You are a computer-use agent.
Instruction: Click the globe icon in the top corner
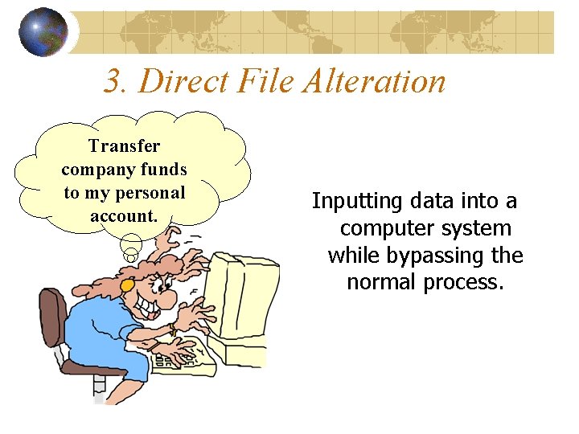[x=43, y=32]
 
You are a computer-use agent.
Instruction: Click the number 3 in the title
[x=113, y=81]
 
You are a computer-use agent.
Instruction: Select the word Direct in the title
[x=185, y=81]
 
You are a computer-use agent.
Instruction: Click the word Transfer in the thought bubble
[x=125, y=146]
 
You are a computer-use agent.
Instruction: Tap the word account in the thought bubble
[x=123, y=216]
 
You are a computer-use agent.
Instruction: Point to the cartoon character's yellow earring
[x=126, y=285]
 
